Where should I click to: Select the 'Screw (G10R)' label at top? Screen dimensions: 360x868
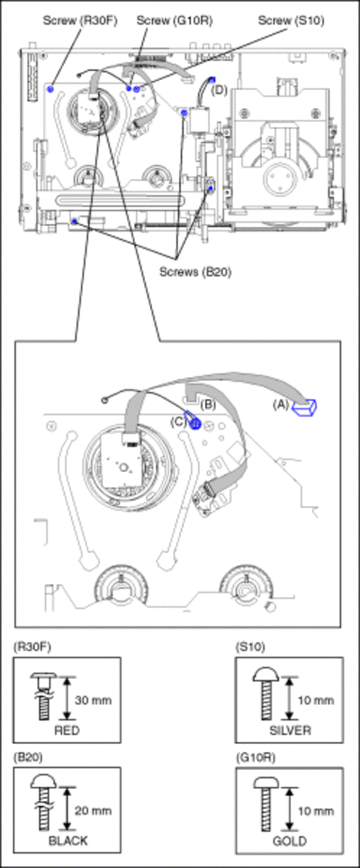point(175,22)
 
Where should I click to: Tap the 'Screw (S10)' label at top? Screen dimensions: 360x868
point(291,22)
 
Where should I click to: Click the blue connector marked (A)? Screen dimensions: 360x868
point(306,407)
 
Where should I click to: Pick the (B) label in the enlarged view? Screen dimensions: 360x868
point(207,403)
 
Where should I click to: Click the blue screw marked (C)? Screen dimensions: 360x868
point(194,423)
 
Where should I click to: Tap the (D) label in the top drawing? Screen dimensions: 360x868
point(220,91)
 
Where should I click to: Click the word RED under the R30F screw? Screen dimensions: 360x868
point(67,730)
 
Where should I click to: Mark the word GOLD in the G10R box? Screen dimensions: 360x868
point(289,840)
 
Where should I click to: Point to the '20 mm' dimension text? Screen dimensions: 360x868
point(95,810)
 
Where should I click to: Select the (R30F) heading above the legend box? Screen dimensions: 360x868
point(32,647)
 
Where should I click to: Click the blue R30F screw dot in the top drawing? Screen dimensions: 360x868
point(50,88)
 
